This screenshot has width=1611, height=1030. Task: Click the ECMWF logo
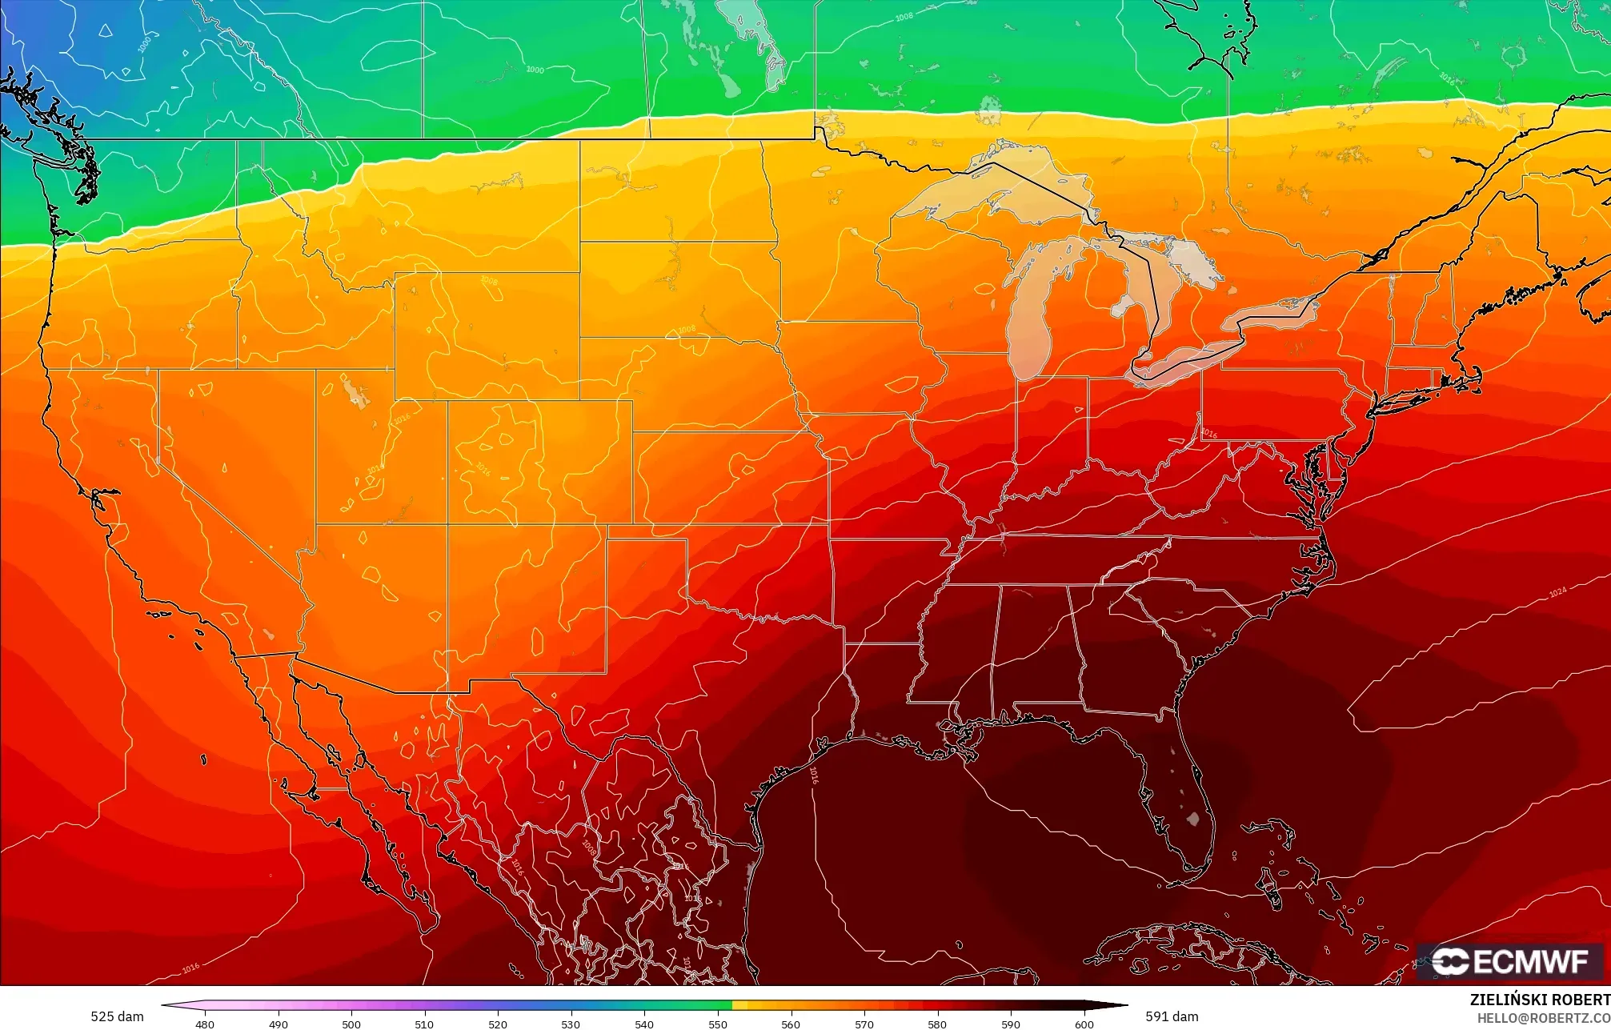1509,961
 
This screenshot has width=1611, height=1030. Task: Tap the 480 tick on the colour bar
205,1024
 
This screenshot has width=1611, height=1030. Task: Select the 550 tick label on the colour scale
718,1024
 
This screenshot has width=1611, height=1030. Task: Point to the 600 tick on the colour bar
1084,1024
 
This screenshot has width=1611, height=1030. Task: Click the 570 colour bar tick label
864,1024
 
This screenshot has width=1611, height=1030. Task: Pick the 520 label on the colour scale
498,1024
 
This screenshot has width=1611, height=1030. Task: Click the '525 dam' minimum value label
117,1016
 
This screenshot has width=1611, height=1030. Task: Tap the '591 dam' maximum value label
1172,1016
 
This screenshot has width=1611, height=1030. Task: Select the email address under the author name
1543,1018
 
